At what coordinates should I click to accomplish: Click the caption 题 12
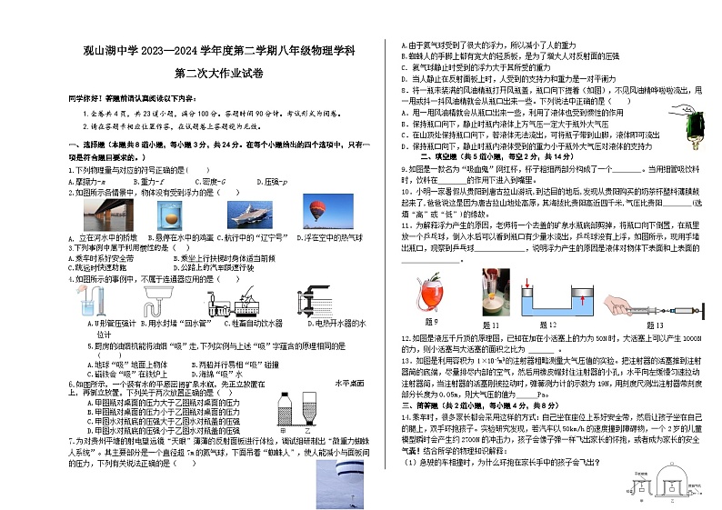click(x=548, y=324)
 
